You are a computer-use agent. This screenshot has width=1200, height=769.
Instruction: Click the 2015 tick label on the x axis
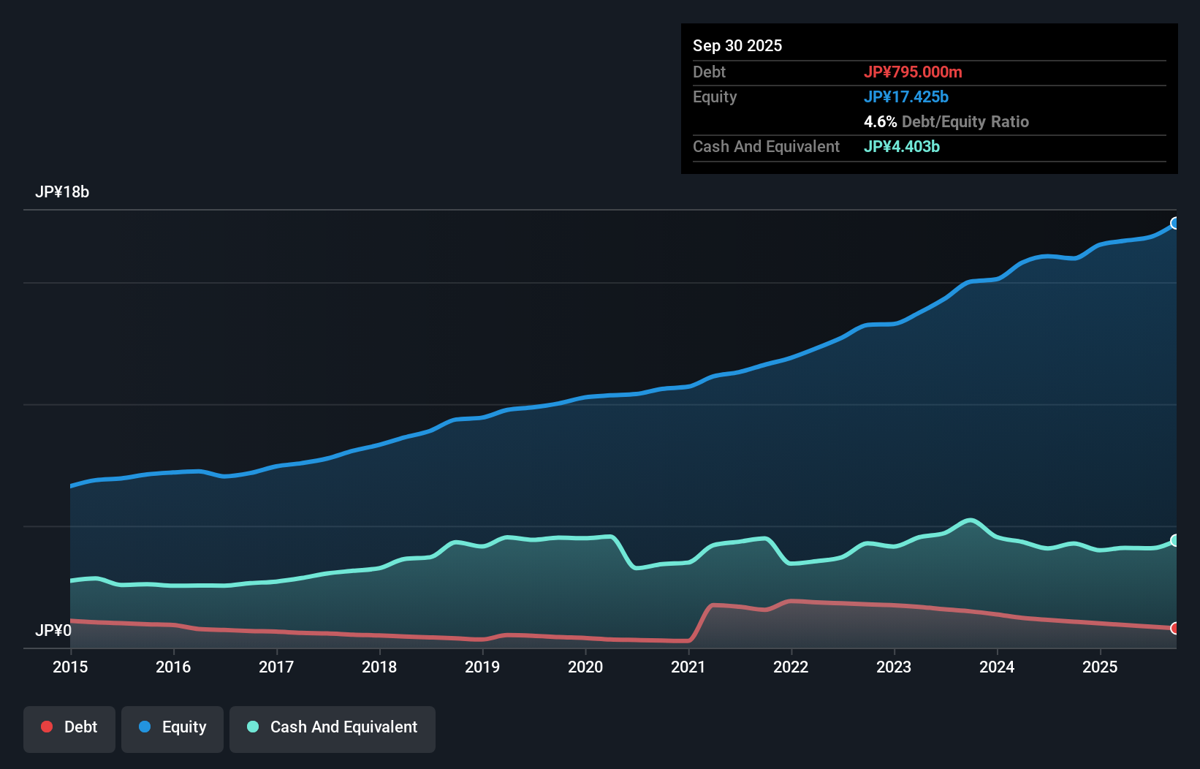70,667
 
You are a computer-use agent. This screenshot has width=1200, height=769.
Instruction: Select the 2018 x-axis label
379,667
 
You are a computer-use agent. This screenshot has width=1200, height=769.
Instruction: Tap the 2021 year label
688,667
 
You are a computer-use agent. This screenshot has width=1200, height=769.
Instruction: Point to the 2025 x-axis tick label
1100,667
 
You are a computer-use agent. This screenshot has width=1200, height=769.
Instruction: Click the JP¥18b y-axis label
62,192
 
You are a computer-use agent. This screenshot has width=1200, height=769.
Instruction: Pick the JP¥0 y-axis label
53,630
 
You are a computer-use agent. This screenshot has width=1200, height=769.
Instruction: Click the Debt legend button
69,727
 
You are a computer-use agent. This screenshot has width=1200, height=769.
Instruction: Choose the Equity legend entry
172,727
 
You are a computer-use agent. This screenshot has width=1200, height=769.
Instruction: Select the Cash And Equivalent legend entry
333,727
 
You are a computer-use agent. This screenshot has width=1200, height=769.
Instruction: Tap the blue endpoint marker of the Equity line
1175,223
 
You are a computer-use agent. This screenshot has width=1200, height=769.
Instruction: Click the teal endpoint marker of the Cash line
1175,540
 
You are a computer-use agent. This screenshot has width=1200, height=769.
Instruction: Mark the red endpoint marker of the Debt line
1175,628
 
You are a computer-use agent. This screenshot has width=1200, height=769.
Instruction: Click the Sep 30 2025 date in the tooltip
737,45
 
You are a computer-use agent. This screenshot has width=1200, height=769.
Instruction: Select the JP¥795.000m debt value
913,72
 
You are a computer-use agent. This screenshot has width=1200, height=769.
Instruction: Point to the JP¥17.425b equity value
906,96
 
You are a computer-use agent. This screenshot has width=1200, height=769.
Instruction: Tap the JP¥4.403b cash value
902,146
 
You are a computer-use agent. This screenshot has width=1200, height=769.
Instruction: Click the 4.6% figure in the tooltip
880,121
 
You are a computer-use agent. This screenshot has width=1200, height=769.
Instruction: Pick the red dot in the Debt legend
47,727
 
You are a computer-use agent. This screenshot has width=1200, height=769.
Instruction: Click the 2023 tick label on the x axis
894,667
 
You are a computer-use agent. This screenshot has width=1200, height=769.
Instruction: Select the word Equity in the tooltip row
715,96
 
